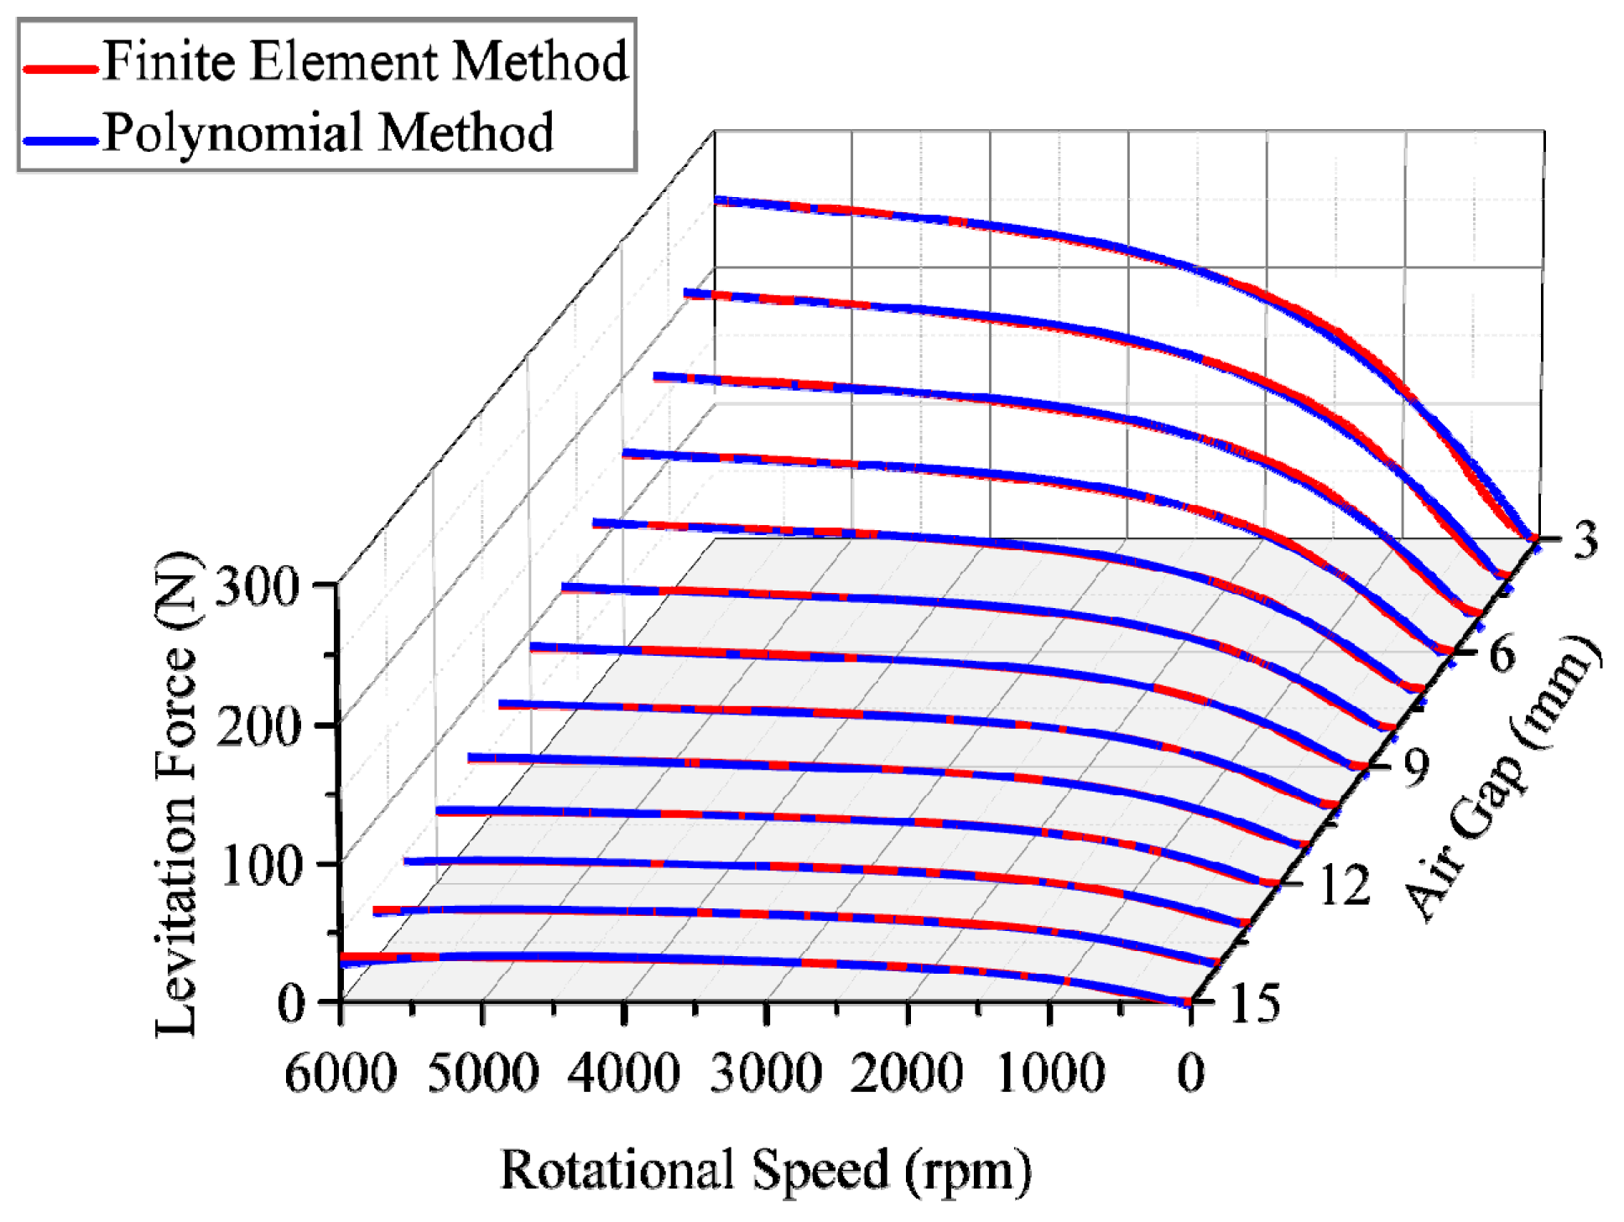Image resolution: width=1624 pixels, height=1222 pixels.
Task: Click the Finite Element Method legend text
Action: click(365, 61)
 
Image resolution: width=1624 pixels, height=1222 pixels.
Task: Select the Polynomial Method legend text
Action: click(328, 133)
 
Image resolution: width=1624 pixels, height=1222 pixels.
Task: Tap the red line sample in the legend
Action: click(60, 69)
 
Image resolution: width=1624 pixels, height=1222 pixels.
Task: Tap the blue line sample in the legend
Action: click(60, 140)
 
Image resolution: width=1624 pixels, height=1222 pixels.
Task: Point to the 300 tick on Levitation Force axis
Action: click(258, 586)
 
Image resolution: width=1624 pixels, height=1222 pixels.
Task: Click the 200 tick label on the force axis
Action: click(258, 726)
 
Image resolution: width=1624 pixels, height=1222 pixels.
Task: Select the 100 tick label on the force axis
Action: click(260, 866)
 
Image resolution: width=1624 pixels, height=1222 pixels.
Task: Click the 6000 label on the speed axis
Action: click(341, 1073)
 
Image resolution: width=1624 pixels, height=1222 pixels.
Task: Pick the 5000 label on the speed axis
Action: click(482, 1073)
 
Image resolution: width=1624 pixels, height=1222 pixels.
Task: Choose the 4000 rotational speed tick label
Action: click(623, 1073)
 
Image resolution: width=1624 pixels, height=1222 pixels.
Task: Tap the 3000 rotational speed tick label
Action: click(765, 1073)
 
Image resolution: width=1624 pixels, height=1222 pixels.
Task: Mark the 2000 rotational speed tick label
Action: click(907, 1073)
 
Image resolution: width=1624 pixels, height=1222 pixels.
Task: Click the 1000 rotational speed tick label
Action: click(1050, 1073)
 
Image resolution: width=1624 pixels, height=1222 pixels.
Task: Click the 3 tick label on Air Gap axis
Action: click(1585, 539)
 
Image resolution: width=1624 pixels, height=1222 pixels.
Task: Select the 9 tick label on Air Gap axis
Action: click(1416, 766)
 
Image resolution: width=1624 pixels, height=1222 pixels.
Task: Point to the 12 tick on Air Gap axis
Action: click(1345, 885)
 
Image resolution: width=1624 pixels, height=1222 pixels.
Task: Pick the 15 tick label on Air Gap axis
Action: click(1255, 1003)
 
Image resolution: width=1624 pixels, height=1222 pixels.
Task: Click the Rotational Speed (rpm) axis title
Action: click(765, 1170)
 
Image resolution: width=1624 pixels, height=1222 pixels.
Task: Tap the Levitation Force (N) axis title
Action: click(178, 793)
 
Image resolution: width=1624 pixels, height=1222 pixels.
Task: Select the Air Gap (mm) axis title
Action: click(1502, 776)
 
